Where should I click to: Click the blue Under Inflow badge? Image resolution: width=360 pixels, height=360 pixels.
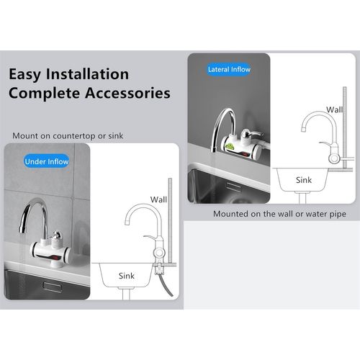(47, 161)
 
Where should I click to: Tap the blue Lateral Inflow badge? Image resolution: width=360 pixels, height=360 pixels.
(229, 69)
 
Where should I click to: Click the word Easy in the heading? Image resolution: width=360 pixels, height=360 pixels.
(24, 74)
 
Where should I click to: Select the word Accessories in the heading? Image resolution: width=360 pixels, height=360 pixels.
(127, 93)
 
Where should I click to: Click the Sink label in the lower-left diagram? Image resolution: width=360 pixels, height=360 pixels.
(127, 276)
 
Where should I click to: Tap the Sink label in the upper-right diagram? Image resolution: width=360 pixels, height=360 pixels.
(304, 180)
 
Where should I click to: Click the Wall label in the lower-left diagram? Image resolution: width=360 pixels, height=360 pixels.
(158, 199)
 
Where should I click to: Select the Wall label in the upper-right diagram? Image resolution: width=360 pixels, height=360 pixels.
(334, 109)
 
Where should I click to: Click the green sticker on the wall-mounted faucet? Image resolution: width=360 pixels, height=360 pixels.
(230, 146)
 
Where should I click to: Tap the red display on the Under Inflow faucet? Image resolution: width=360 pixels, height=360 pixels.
(56, 258)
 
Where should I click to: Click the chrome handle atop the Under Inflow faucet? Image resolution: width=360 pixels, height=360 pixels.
(57, 235)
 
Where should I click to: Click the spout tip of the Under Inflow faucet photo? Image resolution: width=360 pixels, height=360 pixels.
(22, 230)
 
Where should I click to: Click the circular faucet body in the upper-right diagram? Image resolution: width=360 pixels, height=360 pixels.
(334, 158)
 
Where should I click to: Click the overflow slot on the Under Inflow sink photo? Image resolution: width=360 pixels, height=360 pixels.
(53, 287)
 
